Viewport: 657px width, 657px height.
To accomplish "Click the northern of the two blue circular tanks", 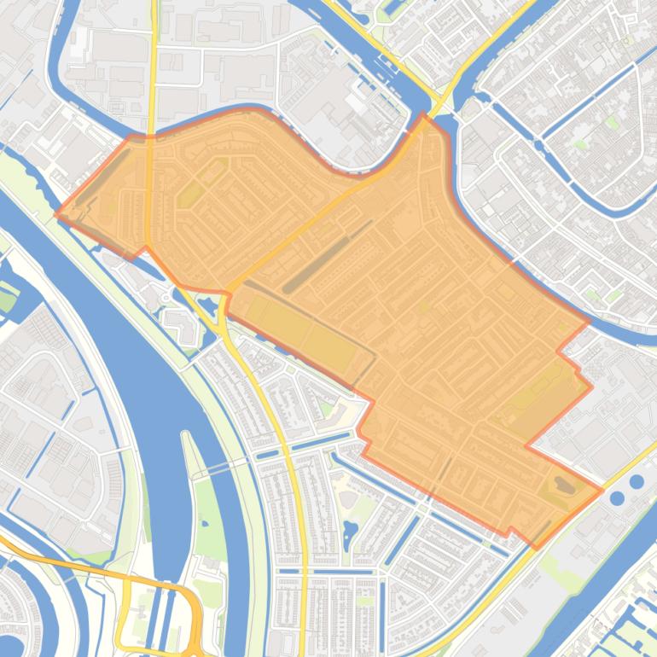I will [637, 482].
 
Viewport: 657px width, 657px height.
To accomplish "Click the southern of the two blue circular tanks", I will [617, 497].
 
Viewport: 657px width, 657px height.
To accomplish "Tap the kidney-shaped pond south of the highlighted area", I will [349, 535].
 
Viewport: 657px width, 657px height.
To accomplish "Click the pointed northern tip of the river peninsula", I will [183, 433].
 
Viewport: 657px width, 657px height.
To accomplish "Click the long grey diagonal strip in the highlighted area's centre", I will [328, 256].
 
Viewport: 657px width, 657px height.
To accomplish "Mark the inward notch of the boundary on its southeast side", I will [526, 445].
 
